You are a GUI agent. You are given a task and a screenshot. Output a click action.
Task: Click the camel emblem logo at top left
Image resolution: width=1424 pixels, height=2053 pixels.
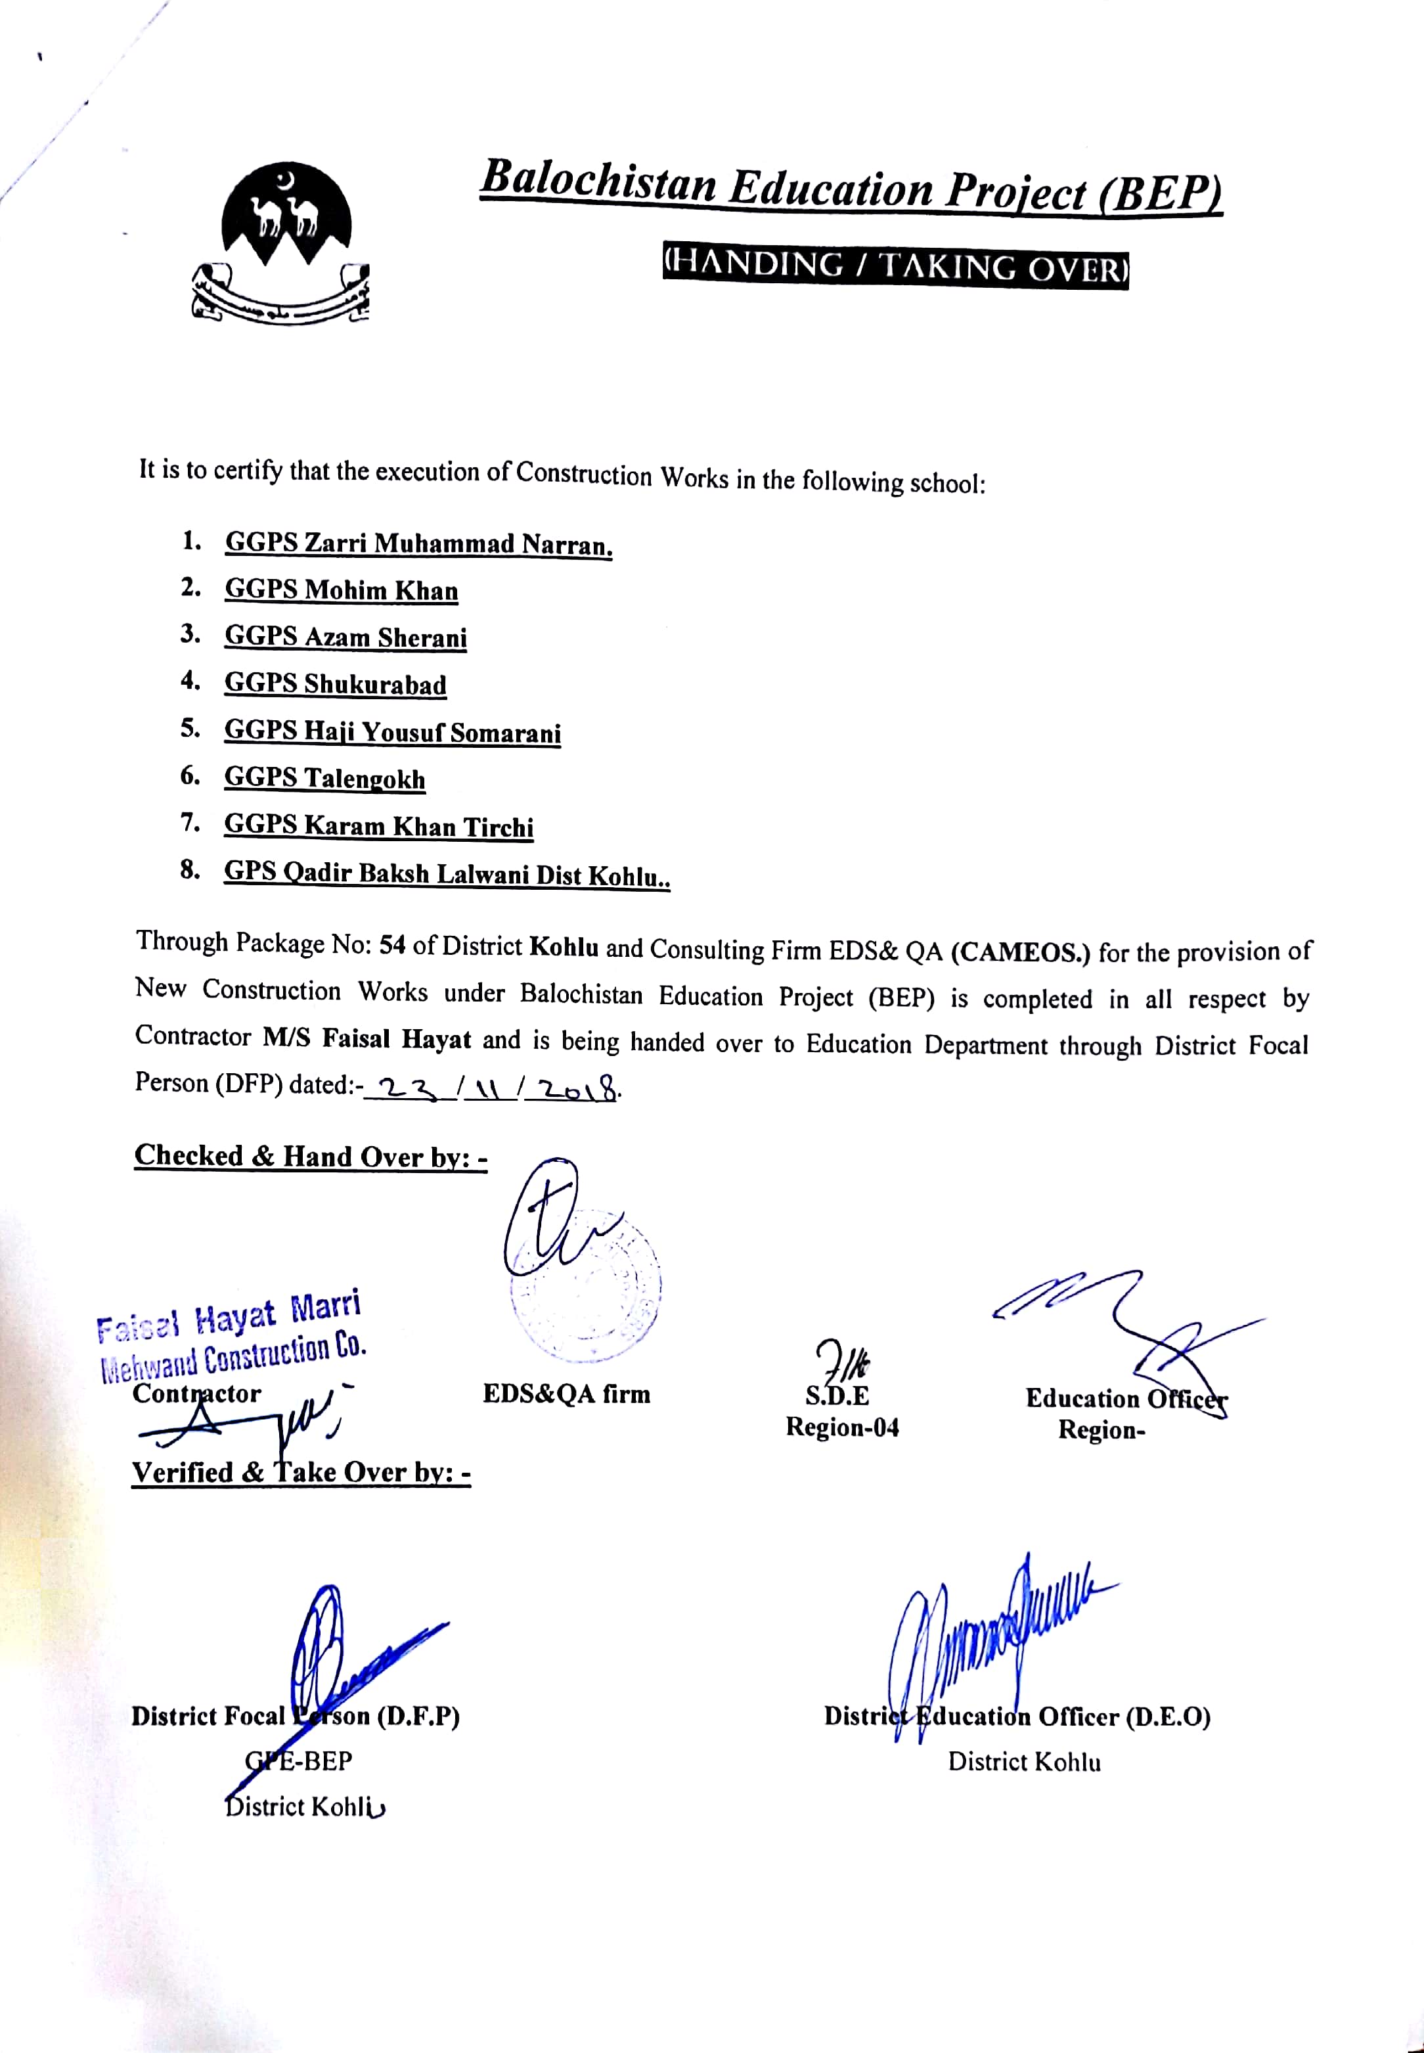(282, 241)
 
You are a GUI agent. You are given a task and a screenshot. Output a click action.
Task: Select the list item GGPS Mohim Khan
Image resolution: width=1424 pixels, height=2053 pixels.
(341, 590)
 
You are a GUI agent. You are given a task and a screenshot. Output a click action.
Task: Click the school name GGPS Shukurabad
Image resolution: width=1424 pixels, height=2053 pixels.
(336, 685)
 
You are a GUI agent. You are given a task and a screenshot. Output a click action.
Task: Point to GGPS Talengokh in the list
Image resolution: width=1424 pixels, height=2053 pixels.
(324, 778)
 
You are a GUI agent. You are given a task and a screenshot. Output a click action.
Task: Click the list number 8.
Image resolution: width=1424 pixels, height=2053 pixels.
(189, 869)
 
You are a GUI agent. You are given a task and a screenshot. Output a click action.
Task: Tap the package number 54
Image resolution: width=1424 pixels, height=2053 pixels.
(393, 945)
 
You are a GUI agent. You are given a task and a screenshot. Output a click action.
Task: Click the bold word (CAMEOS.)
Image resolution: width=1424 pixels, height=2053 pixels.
(1021, 952)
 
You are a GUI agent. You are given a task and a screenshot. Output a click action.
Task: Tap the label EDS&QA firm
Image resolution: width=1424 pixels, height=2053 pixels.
(567, 1395)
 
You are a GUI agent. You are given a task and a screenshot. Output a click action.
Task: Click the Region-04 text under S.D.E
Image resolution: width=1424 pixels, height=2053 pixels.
(841, 1427)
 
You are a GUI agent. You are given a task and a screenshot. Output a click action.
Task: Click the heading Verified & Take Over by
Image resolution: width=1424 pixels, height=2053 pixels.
(301, 1473)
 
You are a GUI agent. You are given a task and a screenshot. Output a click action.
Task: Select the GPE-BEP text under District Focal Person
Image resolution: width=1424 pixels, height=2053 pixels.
(299, 1761)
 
